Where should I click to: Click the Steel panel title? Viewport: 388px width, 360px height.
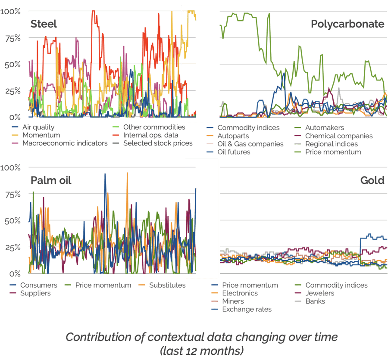[44, 24]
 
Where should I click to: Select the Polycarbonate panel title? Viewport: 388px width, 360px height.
[347, 24]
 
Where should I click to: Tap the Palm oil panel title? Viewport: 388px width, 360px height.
[51, 180]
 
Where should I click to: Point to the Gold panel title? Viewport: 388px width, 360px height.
[372, 180]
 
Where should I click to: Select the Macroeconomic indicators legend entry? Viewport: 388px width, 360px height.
[65, 143]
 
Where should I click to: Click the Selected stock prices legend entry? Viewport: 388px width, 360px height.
[158, 143]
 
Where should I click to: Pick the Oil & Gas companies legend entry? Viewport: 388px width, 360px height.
[250, 144]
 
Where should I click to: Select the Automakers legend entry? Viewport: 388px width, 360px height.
[324, 127]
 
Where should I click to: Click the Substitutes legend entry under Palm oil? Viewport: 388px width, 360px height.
[167, 285]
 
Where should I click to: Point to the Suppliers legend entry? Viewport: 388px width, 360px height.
[35, 293]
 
